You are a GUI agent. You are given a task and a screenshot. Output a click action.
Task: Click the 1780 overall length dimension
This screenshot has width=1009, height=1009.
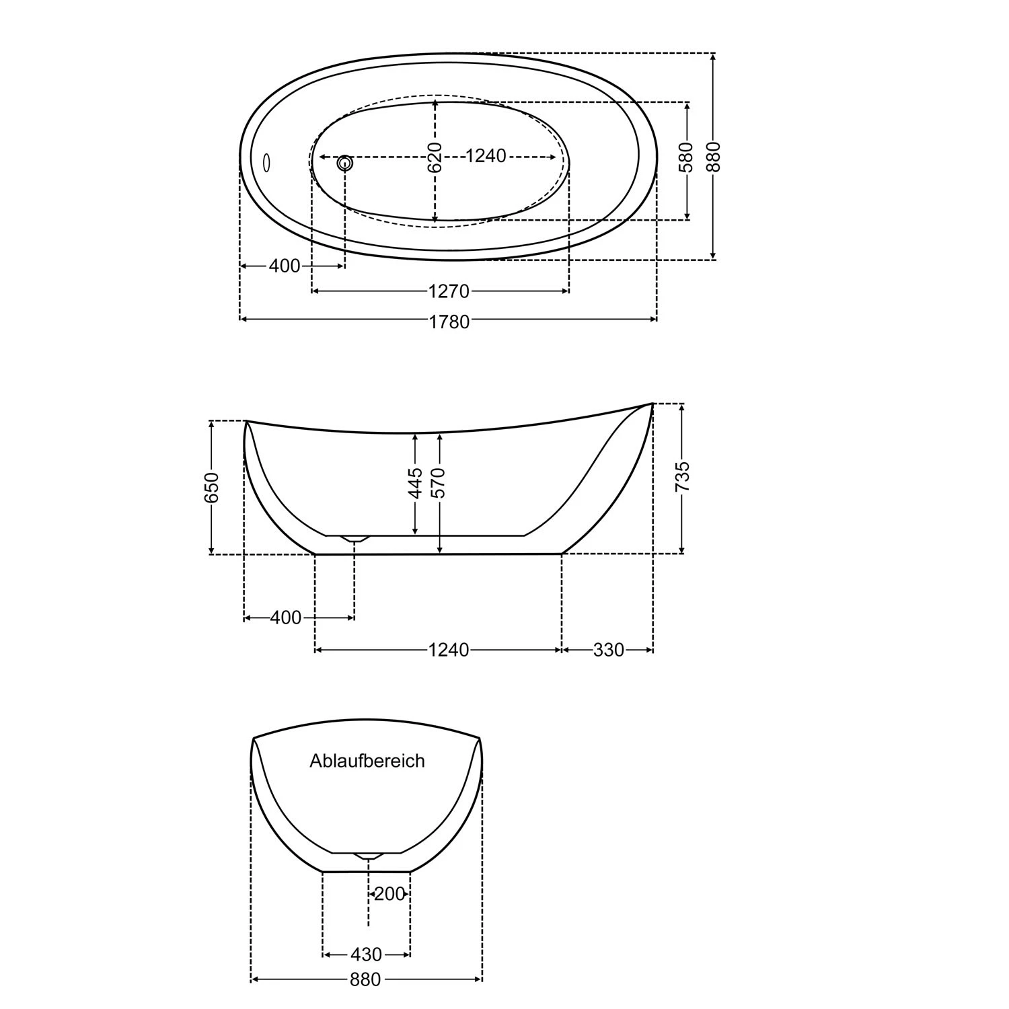[449, 322]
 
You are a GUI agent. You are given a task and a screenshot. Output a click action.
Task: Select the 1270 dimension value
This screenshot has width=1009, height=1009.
[449, 291]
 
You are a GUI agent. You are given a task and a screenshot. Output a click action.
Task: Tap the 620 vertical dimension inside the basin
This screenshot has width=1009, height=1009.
[435, 157]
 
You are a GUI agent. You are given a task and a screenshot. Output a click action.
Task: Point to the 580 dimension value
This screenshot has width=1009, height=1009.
[686, 157]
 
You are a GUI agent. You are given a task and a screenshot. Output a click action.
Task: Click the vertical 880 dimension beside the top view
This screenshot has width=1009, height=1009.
[713, 156]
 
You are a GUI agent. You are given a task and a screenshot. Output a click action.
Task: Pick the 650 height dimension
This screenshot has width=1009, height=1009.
[211, 487]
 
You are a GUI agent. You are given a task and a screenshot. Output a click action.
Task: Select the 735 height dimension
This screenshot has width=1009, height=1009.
[682, 477]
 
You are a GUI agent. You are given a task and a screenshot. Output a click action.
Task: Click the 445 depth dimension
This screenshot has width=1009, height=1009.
[416, 483]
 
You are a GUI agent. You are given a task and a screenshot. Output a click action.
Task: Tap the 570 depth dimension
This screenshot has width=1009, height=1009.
[439, 483]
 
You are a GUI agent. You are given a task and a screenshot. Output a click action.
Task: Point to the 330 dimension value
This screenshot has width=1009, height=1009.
[608, 650]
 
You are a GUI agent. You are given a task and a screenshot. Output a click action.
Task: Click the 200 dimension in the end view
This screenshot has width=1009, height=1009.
[389, 894]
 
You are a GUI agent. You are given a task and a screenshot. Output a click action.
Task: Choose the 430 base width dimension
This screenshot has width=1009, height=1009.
[366, 955]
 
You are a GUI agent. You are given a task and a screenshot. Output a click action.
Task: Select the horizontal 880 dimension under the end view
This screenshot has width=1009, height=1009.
[365, 980]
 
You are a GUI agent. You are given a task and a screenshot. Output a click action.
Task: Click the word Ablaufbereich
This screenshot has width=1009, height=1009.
[367, 761]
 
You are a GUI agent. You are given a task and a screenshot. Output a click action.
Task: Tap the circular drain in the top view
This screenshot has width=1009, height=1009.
[345, 162]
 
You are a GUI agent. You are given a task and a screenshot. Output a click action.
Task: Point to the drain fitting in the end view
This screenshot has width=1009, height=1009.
[368, 856]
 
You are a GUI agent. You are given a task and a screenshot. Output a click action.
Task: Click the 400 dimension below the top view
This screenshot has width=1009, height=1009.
[285, 266]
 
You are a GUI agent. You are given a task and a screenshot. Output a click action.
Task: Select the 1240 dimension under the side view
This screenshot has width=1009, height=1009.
[449, 650]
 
